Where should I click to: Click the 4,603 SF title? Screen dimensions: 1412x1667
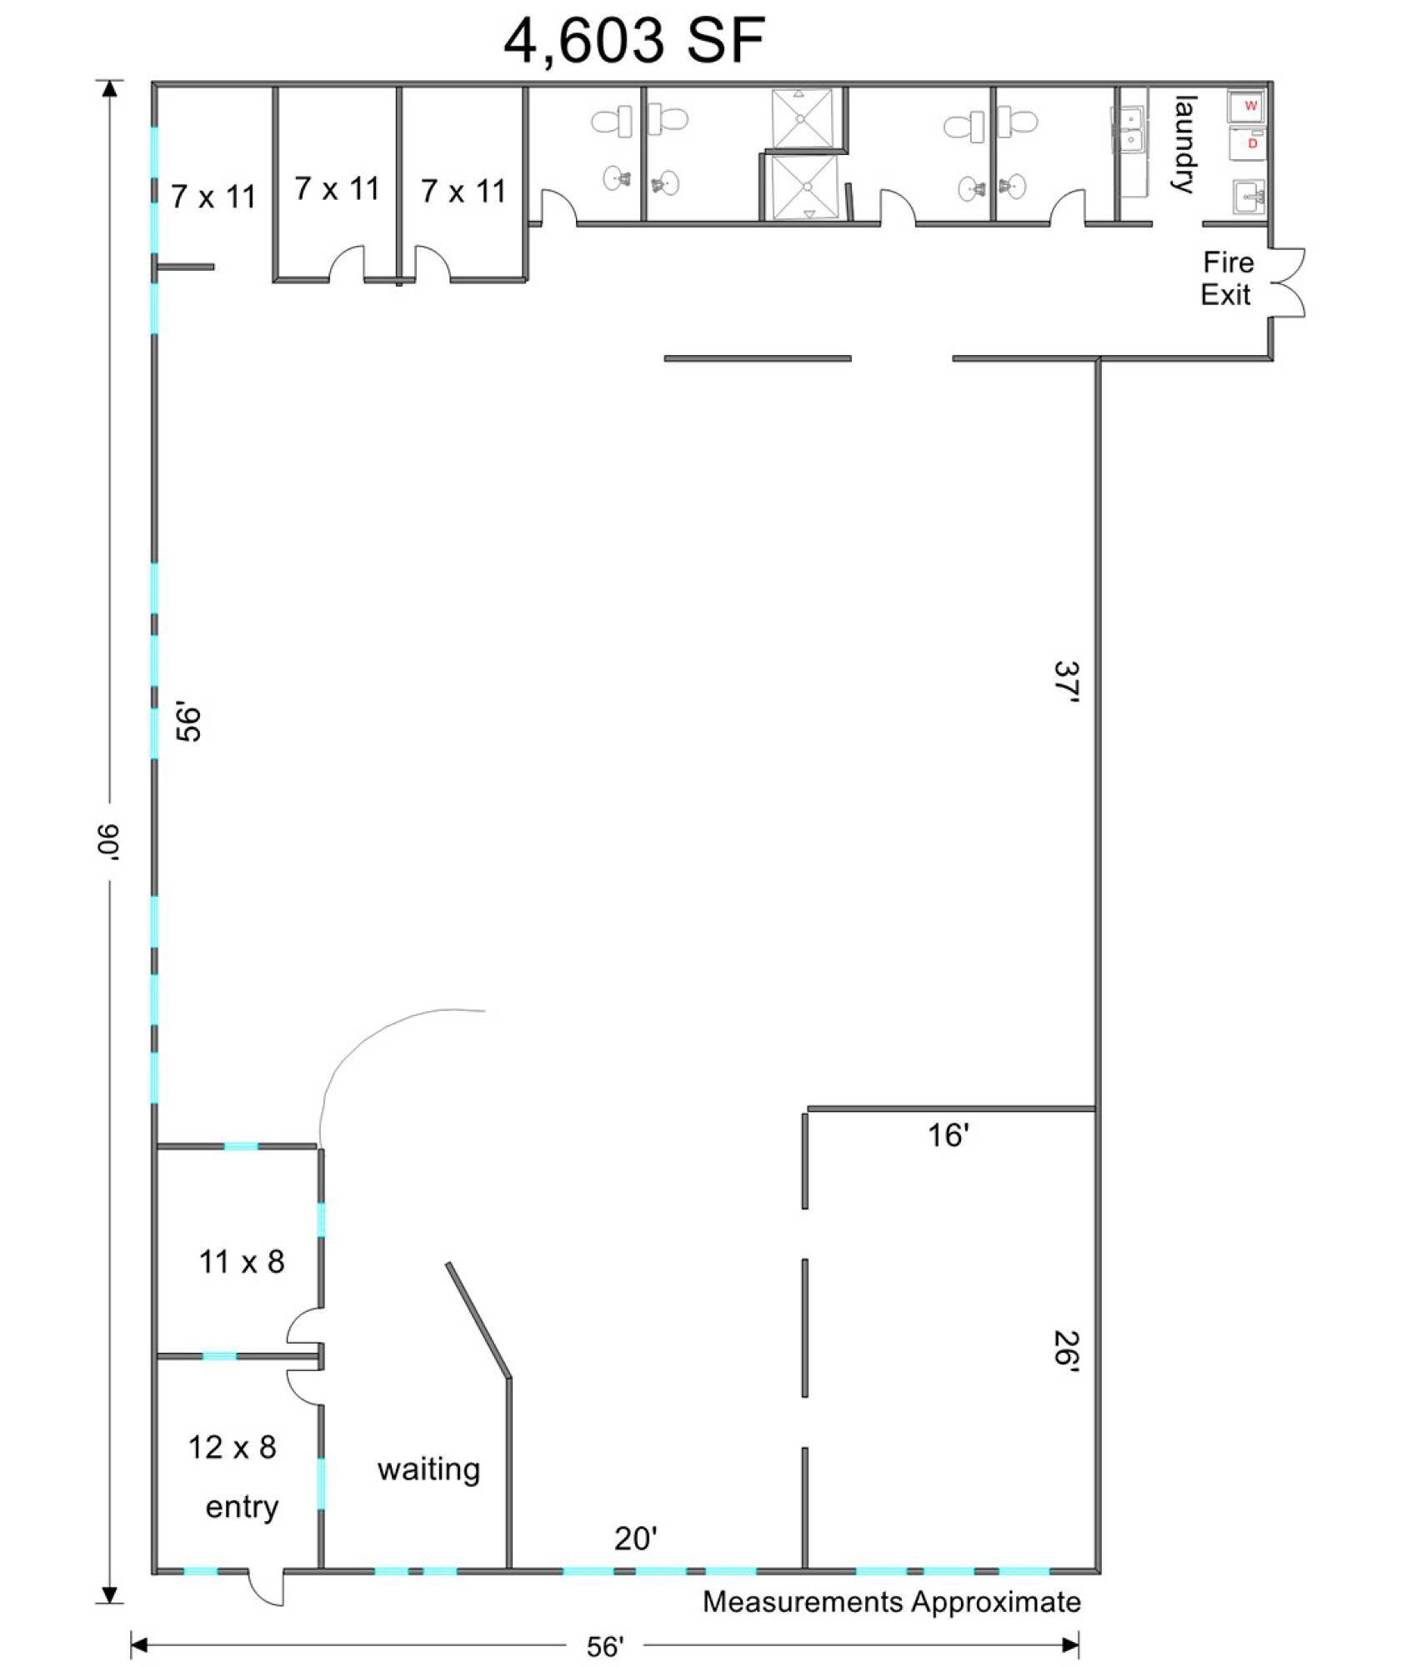tap(634, 41)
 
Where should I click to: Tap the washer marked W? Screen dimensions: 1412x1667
tap(1248, 106)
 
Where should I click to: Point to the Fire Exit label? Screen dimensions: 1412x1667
tap(1227, 278)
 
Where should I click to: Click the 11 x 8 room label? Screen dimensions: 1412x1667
tap(242, 1262)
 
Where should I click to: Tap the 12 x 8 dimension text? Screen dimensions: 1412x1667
tap(232, 1447)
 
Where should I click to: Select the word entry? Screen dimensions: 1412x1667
tap(242, 1507)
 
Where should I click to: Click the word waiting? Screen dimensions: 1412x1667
tap(428, 1469)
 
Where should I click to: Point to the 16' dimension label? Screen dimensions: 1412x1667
tap(949, 1135)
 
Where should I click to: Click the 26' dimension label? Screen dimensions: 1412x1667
tap(1066, 1349)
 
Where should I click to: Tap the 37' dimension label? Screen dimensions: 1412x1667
tap(1066, 683)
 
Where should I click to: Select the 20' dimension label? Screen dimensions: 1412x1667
tap(636, 1539)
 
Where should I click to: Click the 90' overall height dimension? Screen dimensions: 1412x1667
tap(108, 842)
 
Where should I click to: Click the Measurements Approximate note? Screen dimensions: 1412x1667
tap(891, 1602)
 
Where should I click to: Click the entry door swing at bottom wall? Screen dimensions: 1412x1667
tap(267, 1587)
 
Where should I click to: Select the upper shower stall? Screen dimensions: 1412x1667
tap(801, 118)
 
